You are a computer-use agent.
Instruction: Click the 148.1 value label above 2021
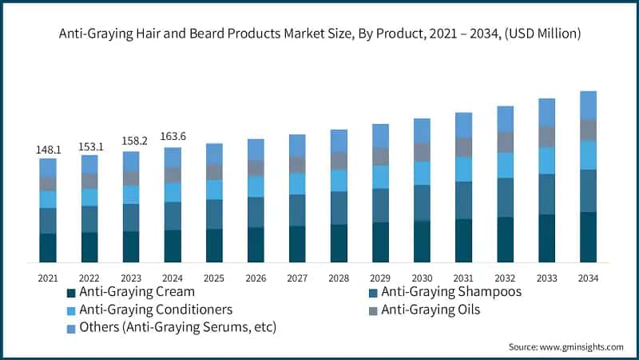pyautogui.click(x=48, y=150)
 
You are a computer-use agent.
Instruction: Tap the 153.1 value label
pyautogui.click(x=89, y=146)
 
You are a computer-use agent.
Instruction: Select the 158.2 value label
pyautogui.click(x=131, y=142)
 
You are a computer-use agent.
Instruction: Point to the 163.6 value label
pyautogui.click(x=173, y=138)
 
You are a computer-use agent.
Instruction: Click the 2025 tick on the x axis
pyautogui.click(x=214, y=277)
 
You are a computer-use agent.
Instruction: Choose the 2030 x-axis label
pyautogui.click(x=422, y=277)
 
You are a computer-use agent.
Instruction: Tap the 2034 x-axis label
pyautogui.click(x=588, y=277)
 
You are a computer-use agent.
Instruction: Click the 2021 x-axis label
pyautogui.click(x=48, y=277)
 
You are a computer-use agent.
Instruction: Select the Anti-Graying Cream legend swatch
pyautogui.click(x=71, y=293)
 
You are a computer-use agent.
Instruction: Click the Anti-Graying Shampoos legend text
pyautogui.click(x=451, y=292)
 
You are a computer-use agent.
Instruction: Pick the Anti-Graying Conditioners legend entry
pyautogui.click(x=156, y=310)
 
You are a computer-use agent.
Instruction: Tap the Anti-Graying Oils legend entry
pyautogui.click(x=431, y=310)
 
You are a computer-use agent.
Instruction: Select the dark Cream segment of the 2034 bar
pyautogui.click(x=588, y=237)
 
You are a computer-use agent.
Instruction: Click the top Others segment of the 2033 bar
pyautogui.click(x=546, y=112)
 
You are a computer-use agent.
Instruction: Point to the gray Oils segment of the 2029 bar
pyautogui.click(x=380, y=156)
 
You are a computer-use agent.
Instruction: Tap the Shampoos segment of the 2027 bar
pyautogui.click(x=297, y=210)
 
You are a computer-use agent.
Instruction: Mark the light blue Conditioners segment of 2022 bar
pyautogui.click(x=89, y=197)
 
